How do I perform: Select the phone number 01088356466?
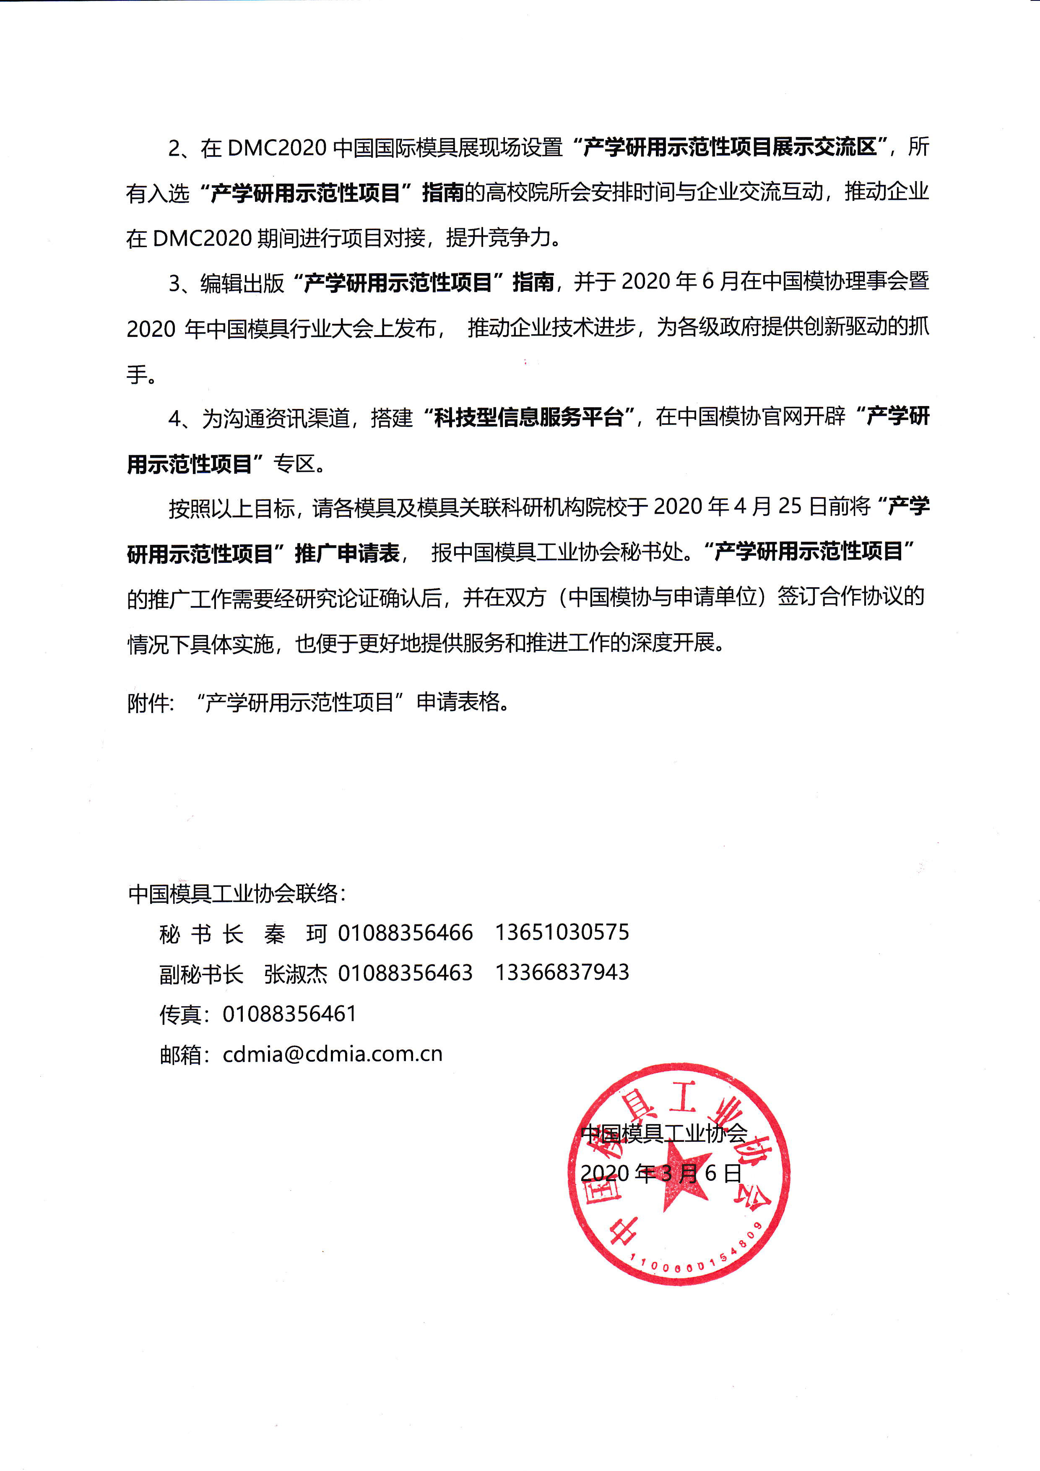tap(406, 933)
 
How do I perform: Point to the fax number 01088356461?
tap(289, 1013)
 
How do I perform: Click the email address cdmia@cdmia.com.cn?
tap(333, 1054)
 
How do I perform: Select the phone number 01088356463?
tap(406, 973)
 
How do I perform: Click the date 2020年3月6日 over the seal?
tap(661, 1173)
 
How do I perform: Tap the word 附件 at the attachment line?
tap(148, 703)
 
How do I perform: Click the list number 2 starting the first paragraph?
tap(174, 148)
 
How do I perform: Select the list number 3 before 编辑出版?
tap(174, 283)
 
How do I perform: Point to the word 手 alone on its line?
tap(136, 373)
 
